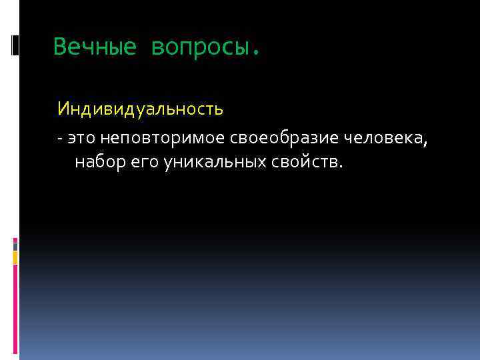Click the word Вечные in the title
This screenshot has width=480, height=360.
click(95, 47)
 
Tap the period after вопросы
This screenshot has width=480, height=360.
click(253, 52)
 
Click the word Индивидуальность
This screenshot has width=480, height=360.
click(140, 109)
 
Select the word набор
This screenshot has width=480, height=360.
click(97, 162)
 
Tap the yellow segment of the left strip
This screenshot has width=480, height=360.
click(15, 258)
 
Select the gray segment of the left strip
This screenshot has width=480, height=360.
click(15, 246)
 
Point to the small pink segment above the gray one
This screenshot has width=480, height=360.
click(15, 238)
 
